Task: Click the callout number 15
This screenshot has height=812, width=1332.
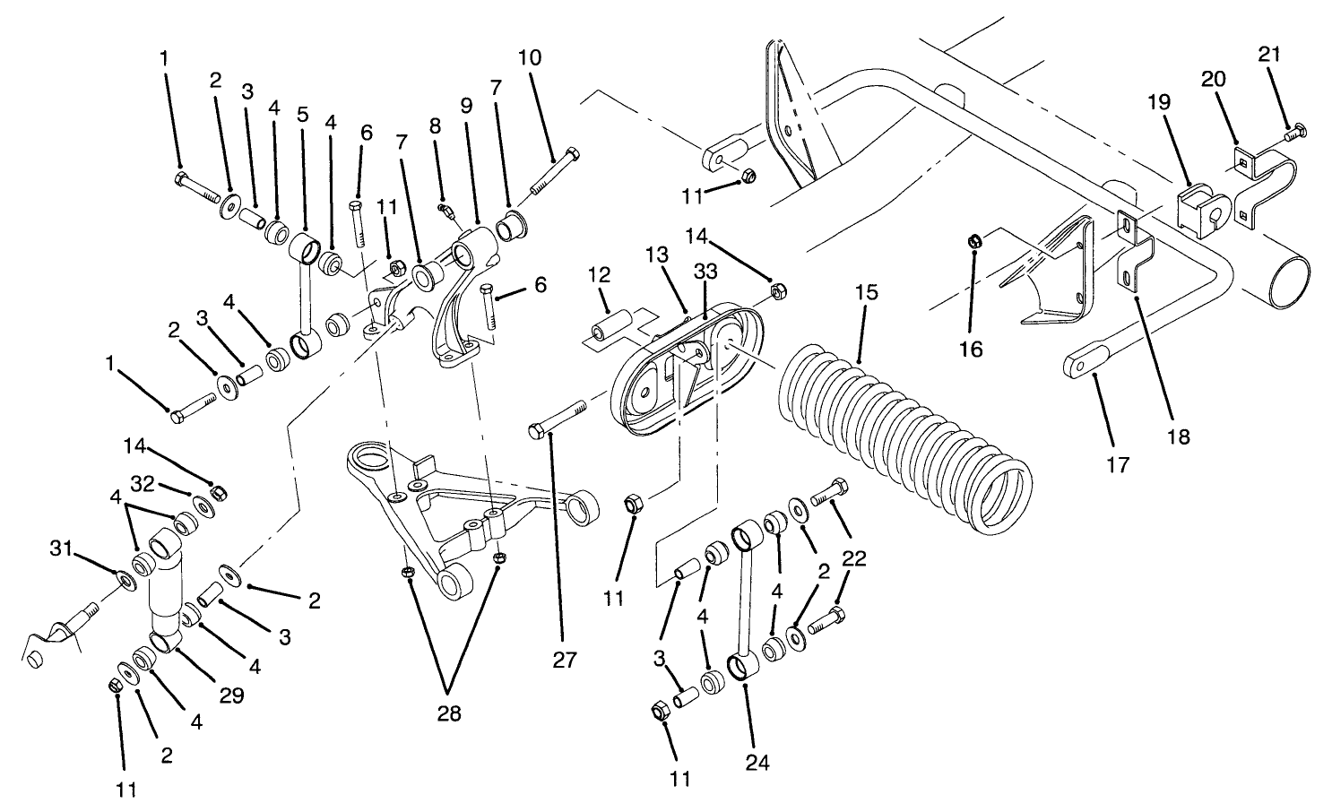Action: pyautogui.click(x=866, y=293)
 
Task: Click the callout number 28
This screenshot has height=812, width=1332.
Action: pyautogui.click(x=449, y=713)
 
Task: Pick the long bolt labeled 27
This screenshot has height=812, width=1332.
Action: pyautogui.click(x=557, y=420)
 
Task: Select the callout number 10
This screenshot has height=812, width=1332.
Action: pyautogui.click(x=529, y=58)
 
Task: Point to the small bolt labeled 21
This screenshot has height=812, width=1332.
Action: pyautogui.click(x=1295, y=134)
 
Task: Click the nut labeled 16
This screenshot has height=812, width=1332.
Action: pyautogui.click(x=976, y=240)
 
